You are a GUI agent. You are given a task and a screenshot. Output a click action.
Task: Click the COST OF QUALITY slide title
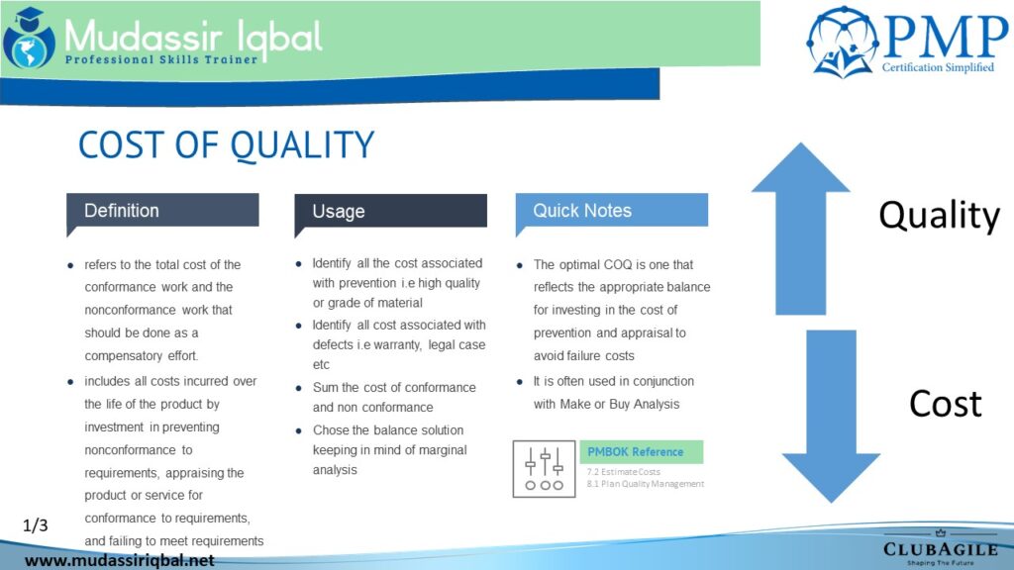[226, 144]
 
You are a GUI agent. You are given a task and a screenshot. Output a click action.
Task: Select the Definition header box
[162, 211]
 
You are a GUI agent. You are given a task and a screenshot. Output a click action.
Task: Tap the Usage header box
[390, 212]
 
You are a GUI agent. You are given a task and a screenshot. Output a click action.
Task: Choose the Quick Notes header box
[612, 211]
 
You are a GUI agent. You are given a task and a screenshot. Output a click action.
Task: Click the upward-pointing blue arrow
[800, 229]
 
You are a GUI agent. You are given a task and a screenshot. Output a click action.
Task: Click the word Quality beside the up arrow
[939, 216]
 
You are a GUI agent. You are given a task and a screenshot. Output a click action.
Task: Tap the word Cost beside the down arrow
[946, 404]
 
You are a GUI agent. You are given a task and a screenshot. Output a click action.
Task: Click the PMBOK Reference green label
[641, 451]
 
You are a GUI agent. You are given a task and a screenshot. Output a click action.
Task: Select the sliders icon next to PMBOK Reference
[544, 469]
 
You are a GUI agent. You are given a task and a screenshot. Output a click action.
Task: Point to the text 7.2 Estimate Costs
[624, 472]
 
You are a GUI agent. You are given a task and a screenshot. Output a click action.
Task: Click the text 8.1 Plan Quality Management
[646, 483]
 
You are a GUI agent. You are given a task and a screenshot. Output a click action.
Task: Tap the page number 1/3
[36, 525]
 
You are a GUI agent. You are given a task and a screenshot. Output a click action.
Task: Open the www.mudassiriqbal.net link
[120, 560]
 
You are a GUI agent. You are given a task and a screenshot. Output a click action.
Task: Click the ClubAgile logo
[941, 548]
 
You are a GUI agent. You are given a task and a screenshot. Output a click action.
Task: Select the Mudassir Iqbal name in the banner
[193, 37]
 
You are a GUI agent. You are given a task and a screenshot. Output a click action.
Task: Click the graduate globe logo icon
[29, 39]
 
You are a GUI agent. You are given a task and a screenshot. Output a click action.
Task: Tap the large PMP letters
[946, 37]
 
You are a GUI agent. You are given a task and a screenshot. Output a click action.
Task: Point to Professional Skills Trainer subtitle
[161, 59]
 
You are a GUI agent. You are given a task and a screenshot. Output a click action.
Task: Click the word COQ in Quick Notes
[618, 265]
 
